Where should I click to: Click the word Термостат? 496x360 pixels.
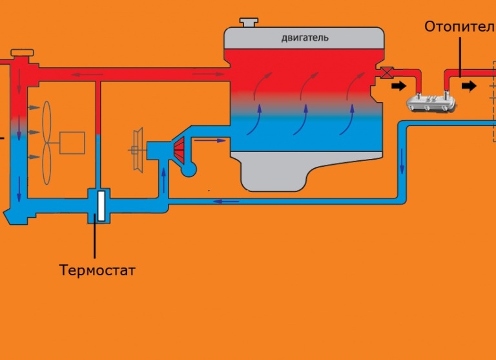pos(98,270)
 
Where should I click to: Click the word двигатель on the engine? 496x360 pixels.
pos(305,38)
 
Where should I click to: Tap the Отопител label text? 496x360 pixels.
pos(460,27)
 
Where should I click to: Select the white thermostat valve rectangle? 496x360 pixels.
pos(101,206)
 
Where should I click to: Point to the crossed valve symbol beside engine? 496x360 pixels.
pos(386,73)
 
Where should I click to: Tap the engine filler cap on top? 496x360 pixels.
pos(249,22)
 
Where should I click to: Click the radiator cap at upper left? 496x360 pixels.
pos(22,52)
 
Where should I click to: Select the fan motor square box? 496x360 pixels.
pos(72,143)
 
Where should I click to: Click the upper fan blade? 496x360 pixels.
pos(46,122)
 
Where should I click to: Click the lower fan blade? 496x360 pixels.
pos(46,164)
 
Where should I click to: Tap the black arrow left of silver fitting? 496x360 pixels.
pos(398,86)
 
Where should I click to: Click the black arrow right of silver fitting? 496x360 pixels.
pos(469,86)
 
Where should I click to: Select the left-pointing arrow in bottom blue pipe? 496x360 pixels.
pos(226,202)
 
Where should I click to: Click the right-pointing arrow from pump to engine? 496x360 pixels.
pos(210,140)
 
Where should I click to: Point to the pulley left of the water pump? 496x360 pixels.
pos(138,150)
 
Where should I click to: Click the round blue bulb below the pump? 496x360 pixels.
pos(189,170)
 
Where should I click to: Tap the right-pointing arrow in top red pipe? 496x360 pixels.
pos(208,74)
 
